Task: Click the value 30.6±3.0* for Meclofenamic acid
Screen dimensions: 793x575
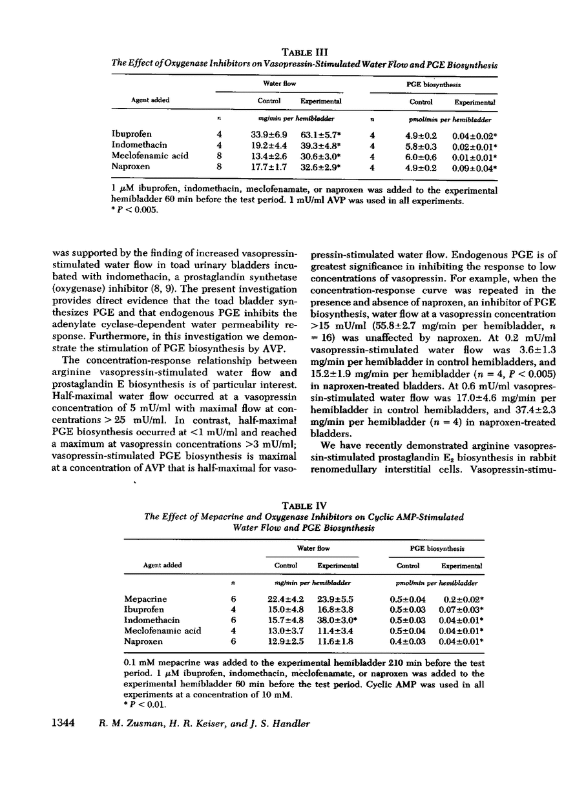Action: point(322,156)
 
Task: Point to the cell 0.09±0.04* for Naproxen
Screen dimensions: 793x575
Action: point(475,167)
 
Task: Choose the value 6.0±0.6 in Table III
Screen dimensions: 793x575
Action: point(420,156)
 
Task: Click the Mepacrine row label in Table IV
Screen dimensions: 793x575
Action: point(142,599)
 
